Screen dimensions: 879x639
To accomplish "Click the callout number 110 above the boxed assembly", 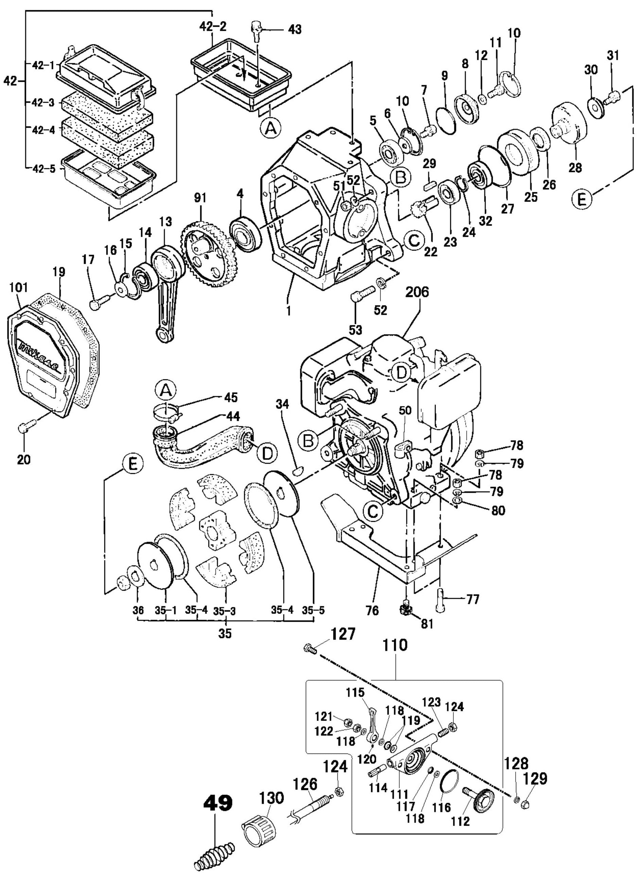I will tap(396, 646).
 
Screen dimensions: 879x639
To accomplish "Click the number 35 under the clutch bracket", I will tap(225, 634).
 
